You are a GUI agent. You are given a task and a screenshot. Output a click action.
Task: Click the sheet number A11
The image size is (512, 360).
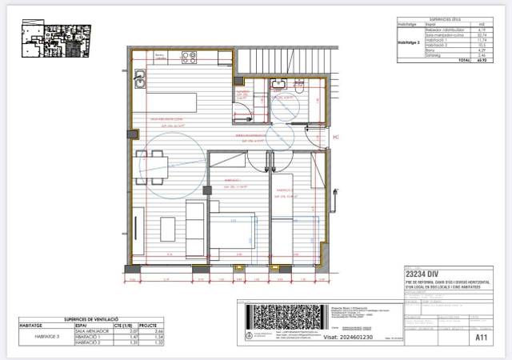coord(482,338)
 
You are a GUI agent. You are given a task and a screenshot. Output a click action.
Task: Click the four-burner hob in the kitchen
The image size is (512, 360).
coord(190,58)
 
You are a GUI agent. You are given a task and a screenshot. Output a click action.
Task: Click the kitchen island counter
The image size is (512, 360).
coord(172,103)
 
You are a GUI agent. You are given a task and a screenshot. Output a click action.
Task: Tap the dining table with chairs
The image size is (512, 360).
coord(155,166)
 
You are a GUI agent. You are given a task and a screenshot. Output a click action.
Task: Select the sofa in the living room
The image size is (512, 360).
coord(194,228)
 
